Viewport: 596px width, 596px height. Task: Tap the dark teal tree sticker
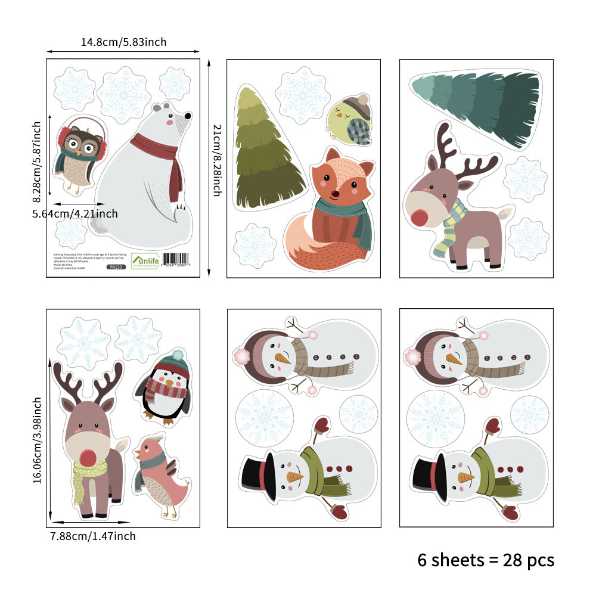477,107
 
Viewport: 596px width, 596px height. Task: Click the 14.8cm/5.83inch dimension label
124,42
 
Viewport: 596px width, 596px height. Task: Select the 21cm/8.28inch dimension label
218,160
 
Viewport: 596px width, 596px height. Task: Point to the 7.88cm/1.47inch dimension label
93,536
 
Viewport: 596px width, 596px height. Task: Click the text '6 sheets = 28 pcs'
486,560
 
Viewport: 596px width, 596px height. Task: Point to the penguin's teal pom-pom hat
176,359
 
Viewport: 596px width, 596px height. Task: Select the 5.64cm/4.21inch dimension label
75,213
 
